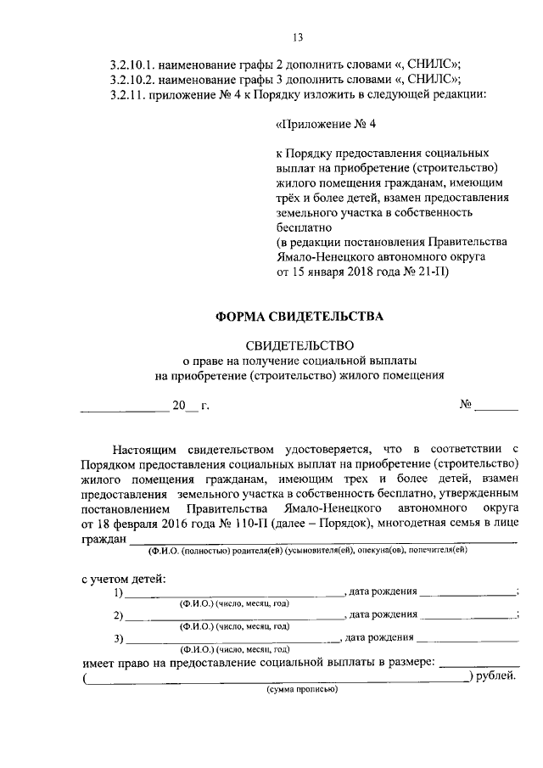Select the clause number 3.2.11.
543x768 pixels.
pos(129,94)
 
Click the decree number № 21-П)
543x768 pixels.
pos(427,272)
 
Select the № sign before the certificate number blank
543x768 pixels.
pos(466,405)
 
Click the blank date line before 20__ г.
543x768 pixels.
pos(124,407)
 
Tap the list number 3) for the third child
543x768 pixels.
pos(118,639)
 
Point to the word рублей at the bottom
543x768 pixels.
pos(495,676)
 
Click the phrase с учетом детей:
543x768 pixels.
pos(124,579)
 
